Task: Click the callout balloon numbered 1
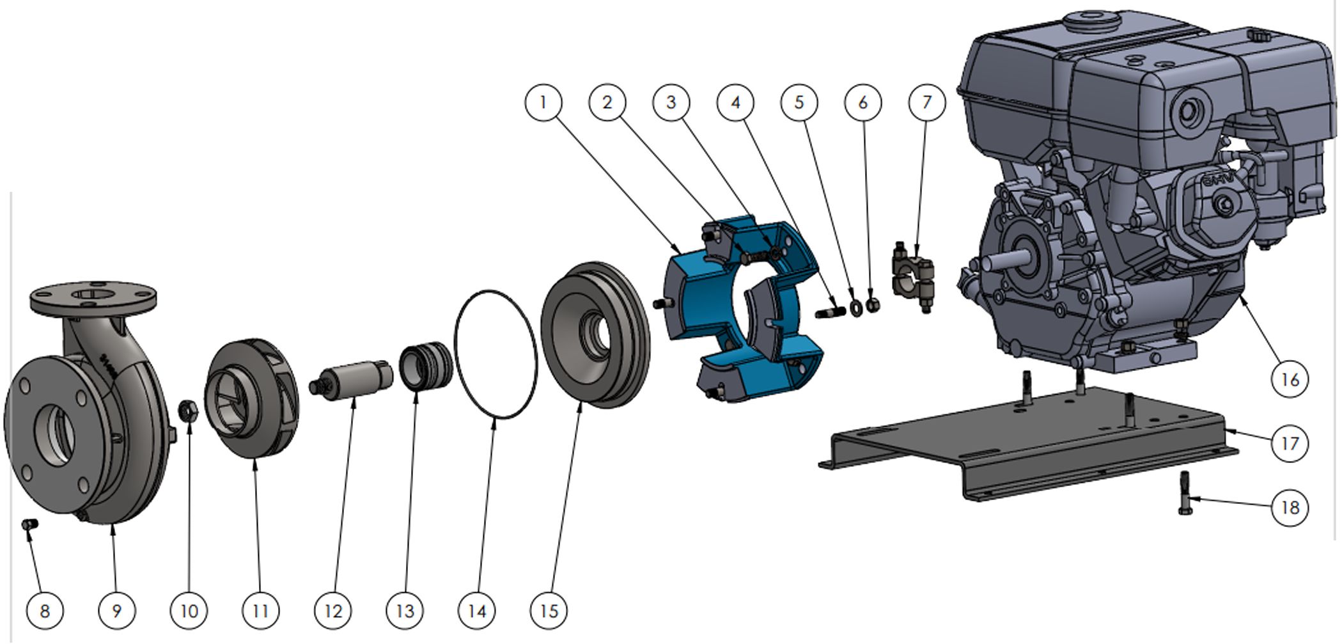[543, 102]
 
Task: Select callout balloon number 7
[927, 102]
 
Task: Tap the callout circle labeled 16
[1289, 379]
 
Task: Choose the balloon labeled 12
[333, 611]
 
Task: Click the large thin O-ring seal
[495, 354]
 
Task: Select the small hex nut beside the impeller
[188, 411]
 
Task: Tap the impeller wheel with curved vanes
[252, 398]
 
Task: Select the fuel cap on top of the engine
[1095, 19]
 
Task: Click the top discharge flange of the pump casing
[94, 298]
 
